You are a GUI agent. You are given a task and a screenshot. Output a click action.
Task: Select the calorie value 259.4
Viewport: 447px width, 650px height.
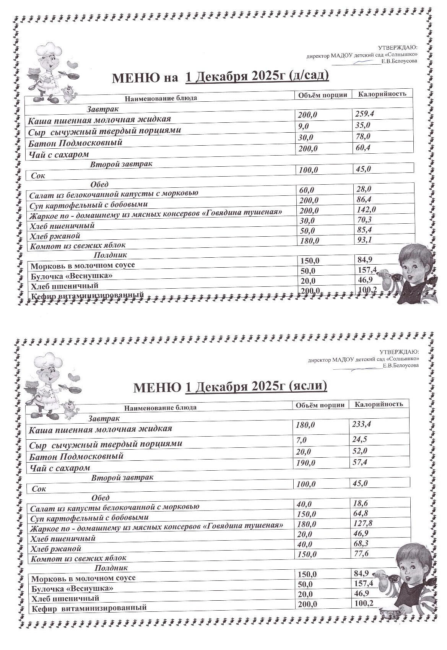coord(364,114)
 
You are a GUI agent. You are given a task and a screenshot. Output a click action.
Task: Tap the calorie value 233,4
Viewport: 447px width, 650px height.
coord(361,424)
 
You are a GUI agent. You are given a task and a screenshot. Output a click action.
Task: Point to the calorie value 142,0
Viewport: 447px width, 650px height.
coord(366,209)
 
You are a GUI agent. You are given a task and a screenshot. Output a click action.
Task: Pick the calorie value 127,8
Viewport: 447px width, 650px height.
coord(362,523)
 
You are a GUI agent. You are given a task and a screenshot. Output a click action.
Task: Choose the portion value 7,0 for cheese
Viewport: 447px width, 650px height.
coord(302,440)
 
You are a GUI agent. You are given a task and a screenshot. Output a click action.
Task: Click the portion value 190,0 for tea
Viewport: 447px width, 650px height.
coord(306,463)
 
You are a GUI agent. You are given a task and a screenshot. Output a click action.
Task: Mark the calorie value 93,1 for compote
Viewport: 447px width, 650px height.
coord(364,240)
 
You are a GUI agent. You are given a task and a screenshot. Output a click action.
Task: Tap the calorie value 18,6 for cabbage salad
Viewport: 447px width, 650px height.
coord(360,504)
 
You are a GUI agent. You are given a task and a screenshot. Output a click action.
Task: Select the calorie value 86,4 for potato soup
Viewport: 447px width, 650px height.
coord(363,199)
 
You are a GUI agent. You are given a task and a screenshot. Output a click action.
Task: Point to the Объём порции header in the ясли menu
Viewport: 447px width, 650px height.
coord(320,405)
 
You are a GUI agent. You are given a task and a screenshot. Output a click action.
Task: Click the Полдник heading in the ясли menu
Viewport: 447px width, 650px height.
coord(111,568)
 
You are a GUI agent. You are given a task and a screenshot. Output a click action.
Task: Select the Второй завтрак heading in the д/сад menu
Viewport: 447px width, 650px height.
coord(121,164)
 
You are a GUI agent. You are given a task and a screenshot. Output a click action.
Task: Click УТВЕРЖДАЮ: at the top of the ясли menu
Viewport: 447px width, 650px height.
coord(399,352)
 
